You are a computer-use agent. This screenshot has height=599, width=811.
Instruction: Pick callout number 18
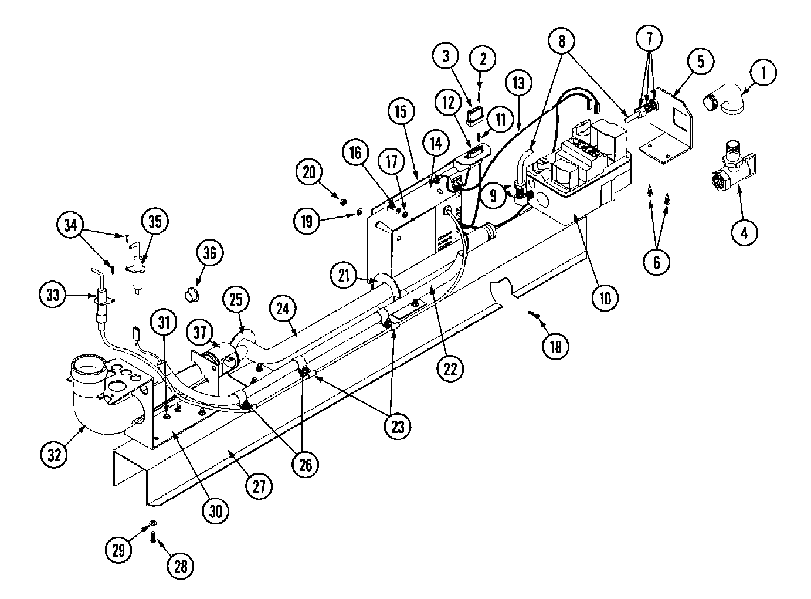click(555, 347)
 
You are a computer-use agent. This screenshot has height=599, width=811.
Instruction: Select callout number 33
click(53, 295)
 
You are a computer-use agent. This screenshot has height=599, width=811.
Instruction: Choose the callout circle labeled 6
click(656, 262)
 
